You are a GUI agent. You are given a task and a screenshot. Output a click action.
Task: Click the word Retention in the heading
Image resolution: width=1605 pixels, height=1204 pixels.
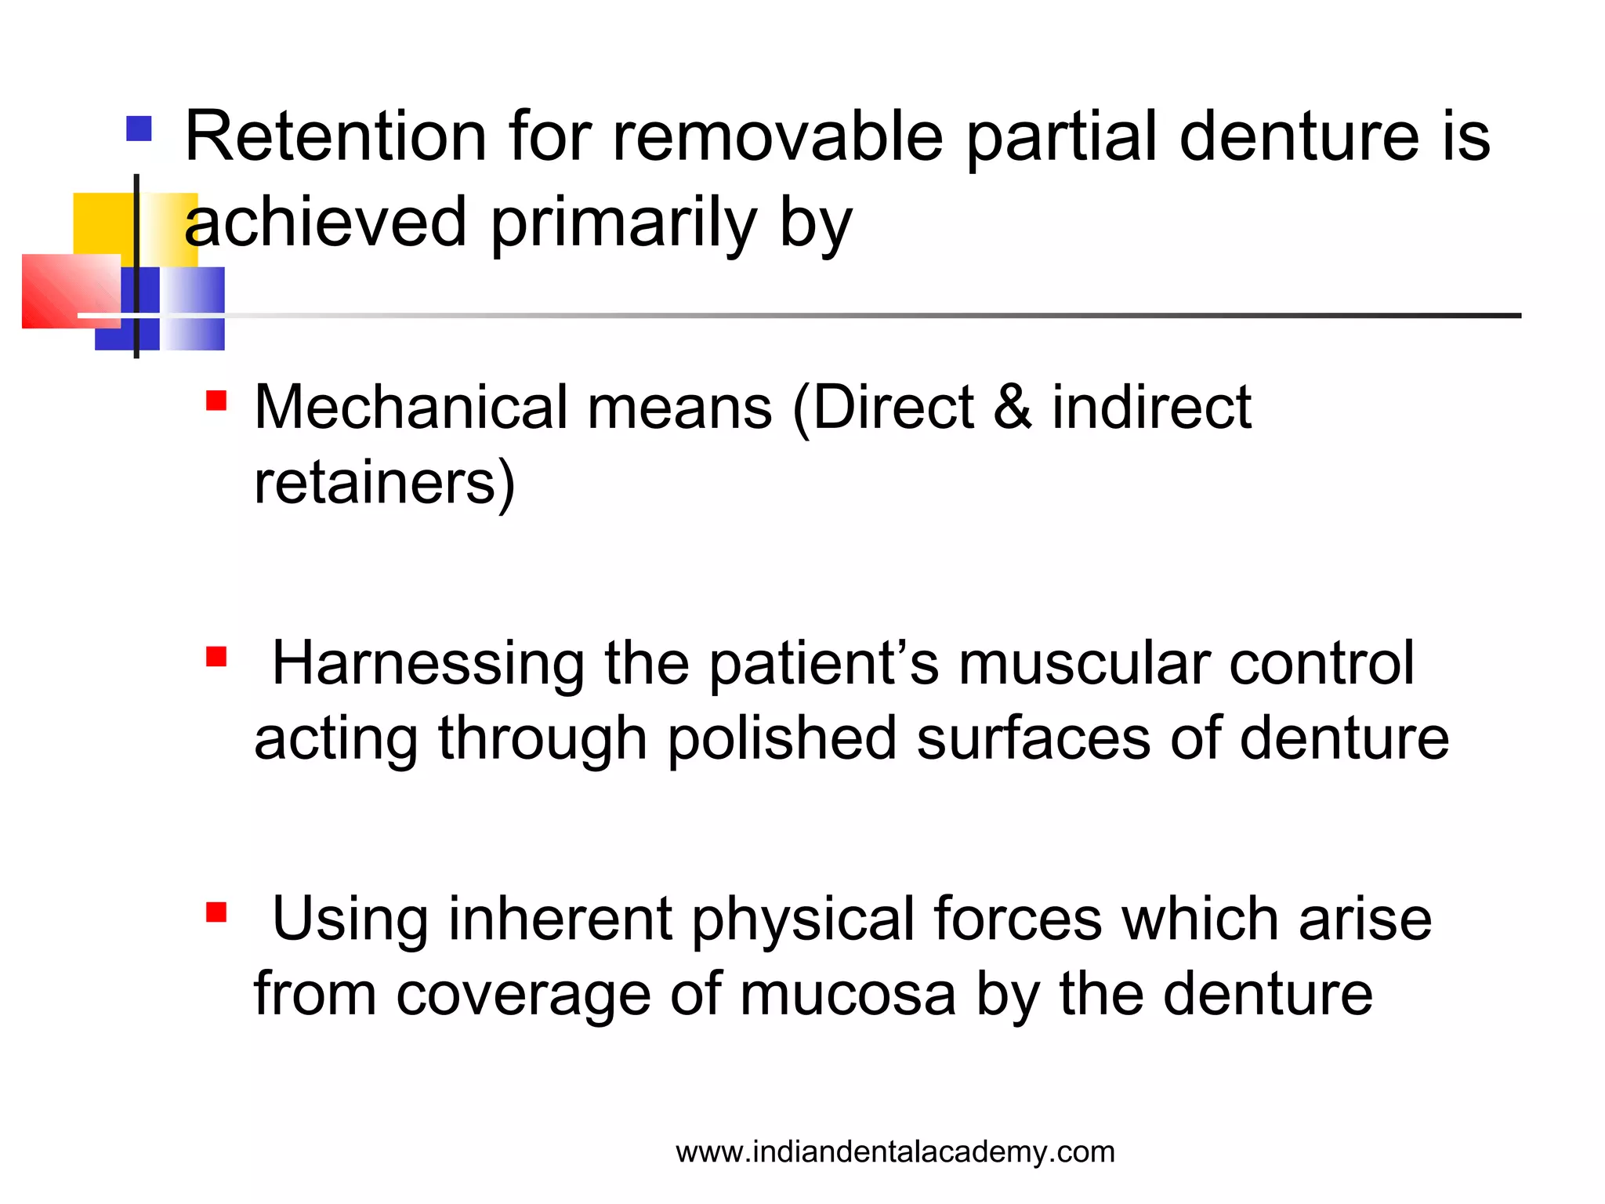tap(335, 137)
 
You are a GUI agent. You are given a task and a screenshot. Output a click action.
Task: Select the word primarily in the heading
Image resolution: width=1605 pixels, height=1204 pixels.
tap(623, 223)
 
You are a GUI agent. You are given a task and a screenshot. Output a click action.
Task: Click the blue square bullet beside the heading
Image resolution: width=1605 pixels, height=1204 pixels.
tap(139, 129)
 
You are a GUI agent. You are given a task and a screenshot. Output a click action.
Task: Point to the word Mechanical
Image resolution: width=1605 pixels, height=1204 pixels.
tap(411, 408)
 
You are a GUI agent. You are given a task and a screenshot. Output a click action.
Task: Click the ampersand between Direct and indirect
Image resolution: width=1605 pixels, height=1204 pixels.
tap(1012, 408)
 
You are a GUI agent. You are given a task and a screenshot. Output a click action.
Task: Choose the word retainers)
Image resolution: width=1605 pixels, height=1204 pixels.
tap(384, 483)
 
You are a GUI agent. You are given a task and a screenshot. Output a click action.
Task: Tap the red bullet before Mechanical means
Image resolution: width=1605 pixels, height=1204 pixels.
tap(216, 401)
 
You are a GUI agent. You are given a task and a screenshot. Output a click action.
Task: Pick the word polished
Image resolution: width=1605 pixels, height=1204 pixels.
tap(781, 738)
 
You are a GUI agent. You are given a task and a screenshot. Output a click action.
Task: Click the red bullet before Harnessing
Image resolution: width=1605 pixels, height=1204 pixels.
tap(216, 656)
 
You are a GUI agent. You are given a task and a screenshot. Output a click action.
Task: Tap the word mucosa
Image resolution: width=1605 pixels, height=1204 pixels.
tap(848, 994)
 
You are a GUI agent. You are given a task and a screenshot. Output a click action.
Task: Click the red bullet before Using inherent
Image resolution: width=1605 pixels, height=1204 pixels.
tap(216, 912)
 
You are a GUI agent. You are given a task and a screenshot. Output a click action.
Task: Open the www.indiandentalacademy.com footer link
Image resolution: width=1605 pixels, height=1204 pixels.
tap(895, 1152)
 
